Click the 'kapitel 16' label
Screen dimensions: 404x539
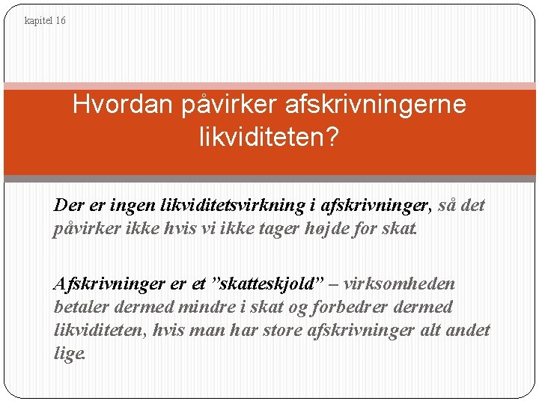[x=45, y=21]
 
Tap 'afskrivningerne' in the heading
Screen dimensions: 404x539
[x=375, y=105]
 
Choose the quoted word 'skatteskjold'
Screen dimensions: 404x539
[x=267, y=284]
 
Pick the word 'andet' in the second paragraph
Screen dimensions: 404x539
[x=469, y=330]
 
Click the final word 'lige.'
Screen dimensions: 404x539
[x=70, y=353]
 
